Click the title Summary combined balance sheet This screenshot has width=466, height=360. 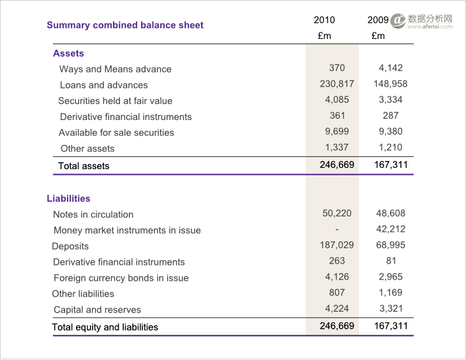coord(125,26)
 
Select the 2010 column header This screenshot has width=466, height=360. coord(324,20)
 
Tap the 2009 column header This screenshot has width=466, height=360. coord(378,20)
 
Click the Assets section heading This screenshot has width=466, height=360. coord(68,54)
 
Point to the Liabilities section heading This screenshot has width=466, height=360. coord(68,199)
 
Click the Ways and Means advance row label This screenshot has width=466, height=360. coord(116,69)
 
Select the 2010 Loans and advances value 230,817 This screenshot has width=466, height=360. coord(337,84)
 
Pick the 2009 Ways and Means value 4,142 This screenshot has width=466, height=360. coord(391,68)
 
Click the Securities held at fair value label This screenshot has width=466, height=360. coord(116,101)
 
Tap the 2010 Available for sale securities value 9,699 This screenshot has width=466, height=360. coord(337,131)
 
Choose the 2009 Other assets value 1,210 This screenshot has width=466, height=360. coord(391,147)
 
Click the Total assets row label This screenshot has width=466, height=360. coord(84,166)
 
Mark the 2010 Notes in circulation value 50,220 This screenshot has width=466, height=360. coord(337,213)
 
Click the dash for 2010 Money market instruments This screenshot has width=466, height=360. coord(337,229)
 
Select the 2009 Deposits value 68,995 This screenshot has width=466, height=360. coord(391,245)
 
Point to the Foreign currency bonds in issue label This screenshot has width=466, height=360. coord(121,278)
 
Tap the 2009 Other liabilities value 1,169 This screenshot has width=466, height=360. coord(391,292)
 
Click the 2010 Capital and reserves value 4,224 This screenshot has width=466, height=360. coord(337,308)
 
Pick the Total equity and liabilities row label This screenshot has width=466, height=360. coord(105,327)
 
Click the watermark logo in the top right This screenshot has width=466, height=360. coord(398,21)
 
